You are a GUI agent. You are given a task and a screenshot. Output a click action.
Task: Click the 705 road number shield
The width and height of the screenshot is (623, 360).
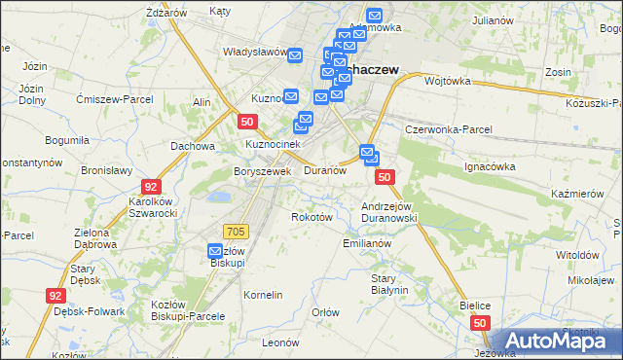tap(236, 231)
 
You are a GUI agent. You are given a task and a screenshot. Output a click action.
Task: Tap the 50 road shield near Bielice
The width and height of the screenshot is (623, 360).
tap(479, 321)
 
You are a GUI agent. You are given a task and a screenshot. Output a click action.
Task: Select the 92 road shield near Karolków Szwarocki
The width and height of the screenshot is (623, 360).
tap(150, 185)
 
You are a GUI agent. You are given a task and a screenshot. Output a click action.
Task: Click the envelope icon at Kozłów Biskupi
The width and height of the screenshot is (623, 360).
tap(217, 251)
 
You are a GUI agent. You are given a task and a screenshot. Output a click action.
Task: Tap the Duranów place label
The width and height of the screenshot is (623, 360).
tap(325, 170)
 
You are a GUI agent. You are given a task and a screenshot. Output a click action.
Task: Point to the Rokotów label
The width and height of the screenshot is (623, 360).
tap(312, 217)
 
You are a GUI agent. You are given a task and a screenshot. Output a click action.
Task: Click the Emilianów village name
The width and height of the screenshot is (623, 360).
tap(367, 243)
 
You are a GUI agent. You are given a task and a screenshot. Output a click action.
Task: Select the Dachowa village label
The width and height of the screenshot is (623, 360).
tap(192, 146)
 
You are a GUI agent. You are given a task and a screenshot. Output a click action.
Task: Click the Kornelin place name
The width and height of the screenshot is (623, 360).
tap(263, 294)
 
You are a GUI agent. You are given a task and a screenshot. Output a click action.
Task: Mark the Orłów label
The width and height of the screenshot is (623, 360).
tap(325, 312)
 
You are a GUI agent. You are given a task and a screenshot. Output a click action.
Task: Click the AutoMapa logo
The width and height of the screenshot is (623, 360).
tap(559, 341)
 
